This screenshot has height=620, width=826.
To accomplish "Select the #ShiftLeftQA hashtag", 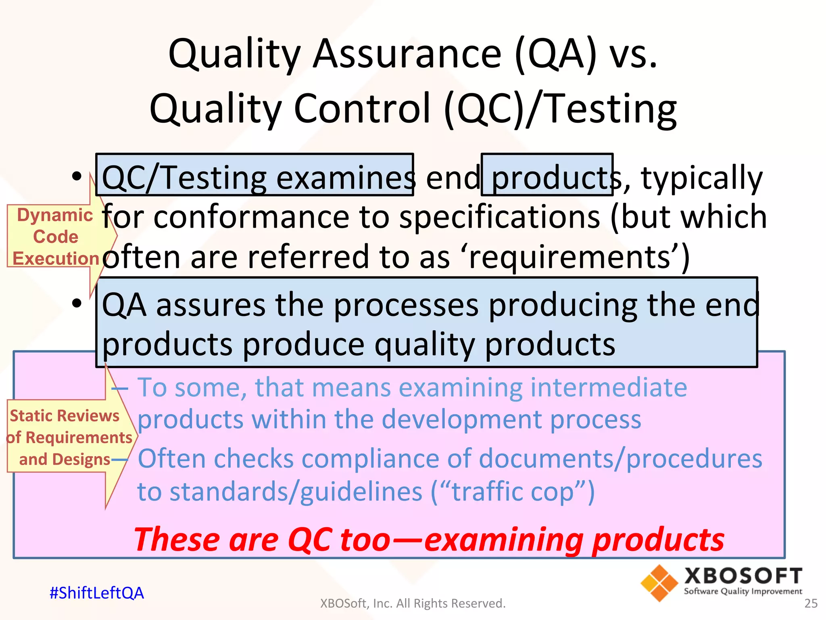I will (96, 593).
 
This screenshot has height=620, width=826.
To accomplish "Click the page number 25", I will (811, 603).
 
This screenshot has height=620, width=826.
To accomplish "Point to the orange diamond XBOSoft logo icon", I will (659, 583).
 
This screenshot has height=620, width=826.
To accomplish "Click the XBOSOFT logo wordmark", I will (743, 576).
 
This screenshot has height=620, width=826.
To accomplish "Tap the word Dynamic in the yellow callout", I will (55, 215).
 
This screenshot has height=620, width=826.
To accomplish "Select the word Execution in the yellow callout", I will (56, 258).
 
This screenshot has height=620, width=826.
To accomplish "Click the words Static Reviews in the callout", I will (65, 416).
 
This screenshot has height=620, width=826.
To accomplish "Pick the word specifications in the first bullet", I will (500, 217).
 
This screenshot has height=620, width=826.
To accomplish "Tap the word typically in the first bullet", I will (701, 178).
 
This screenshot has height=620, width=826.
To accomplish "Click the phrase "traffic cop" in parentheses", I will (513, 492).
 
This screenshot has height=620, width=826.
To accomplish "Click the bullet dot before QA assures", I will (76, 303).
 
